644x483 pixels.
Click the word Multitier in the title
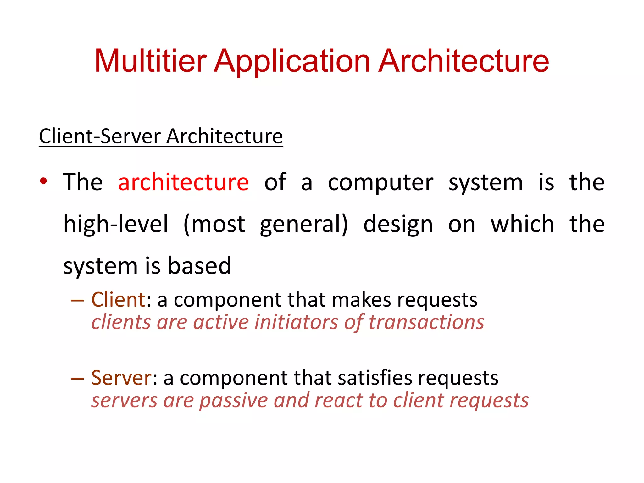tap(150, 61)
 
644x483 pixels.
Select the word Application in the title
tap(292, 61)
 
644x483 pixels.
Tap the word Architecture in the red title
tap(464, 61)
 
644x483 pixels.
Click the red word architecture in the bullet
tap(183, 182)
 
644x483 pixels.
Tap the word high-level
tap(116, 224)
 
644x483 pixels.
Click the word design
tap(398, 224)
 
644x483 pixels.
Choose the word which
tap(522, 224)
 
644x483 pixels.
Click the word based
tap(199, 266)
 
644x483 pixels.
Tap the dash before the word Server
tap(77, 378)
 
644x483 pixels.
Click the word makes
tap(361, 300)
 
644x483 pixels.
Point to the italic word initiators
tap(296, 323)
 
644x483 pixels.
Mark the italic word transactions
tap(426, 323)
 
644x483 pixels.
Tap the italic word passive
tap(233, 401)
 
